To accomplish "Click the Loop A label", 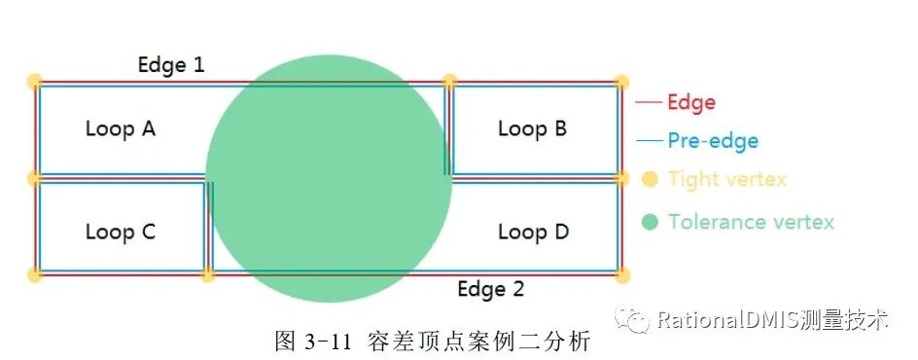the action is tap(121, 128).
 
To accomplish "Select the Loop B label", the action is tap(532, 128).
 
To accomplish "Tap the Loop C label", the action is tap(121, 233).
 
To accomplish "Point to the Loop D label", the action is tap(533, 233).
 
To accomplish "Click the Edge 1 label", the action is tap(171, 65).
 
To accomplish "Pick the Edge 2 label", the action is tap(491, 290).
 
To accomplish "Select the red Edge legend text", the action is tap(691, 102).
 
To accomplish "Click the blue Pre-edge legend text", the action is tap(713, 141).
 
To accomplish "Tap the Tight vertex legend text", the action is tap(726, 180).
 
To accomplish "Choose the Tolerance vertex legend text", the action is tap(751, 222).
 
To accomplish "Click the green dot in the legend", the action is tap(651, 222).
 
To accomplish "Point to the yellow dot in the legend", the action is tap(651, 179).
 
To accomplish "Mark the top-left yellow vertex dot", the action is tap(34, 81).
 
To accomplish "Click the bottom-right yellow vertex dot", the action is tap(622, 276).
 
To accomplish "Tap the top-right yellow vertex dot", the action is tap(622, 82).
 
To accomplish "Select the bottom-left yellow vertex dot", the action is tap(34, 276).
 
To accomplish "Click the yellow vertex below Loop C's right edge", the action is tap(207, 276).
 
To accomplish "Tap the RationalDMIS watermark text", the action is tap(773, 319).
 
